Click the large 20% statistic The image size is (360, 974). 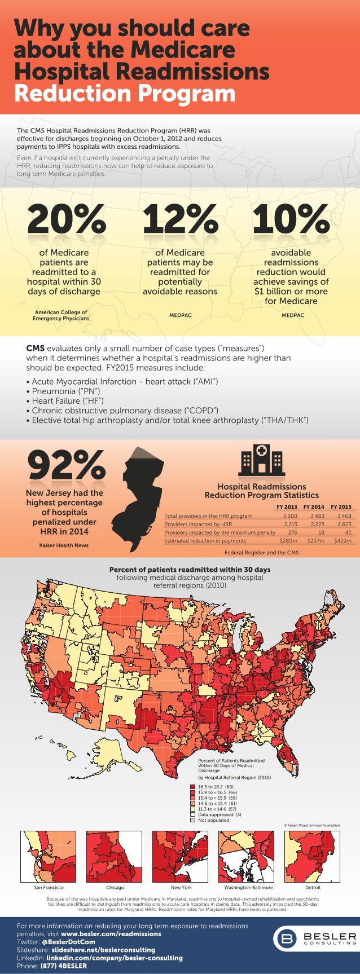click(67, 219)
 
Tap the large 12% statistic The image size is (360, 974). click(180, 219)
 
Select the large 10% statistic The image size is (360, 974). click(291, 219)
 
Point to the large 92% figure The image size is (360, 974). click(66, 466)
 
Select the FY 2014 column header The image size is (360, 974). click(314, 506)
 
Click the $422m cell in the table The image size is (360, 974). click(342, 540)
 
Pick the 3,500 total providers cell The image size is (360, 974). click(289, 515)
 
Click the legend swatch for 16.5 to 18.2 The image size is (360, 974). click(193, 786)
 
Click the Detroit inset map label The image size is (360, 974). click(313, 887)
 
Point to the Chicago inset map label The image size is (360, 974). click(115, 887)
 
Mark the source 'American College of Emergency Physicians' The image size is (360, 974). click(61, 315)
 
